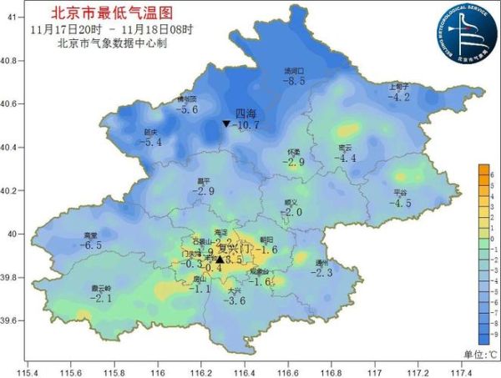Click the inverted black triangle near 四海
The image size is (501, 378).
[225, 124]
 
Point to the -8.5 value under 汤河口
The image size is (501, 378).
[294, 82]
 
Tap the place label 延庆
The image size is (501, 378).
[151, 132]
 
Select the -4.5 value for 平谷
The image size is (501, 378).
[402, 203]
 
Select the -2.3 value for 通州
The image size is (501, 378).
[323, 273]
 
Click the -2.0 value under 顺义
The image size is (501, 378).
[291, 212]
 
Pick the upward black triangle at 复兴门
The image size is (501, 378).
[220, 260]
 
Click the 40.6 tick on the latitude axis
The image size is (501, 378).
[14, 104]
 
